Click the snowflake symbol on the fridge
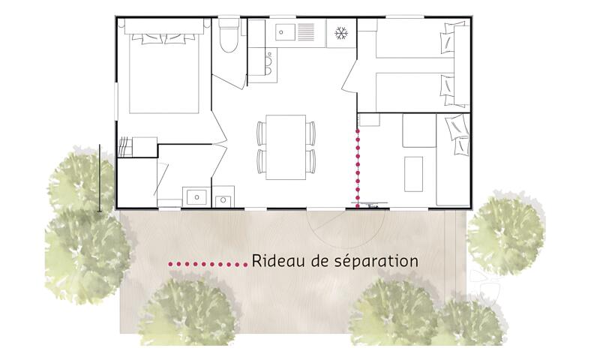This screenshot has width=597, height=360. [x=341, y=34]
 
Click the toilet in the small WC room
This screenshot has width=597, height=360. [x=229, y=35]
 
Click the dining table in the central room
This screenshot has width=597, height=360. [x=286, y=147]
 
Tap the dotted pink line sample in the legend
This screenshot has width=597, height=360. [x=208, y=264]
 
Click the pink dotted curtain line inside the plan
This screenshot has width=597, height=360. [x=358, y=167]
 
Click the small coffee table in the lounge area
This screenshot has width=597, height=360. [x=413, y=174]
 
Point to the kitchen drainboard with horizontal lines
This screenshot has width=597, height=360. [x=306, y=32]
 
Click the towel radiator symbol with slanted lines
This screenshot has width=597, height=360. [x=124, y=146]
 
